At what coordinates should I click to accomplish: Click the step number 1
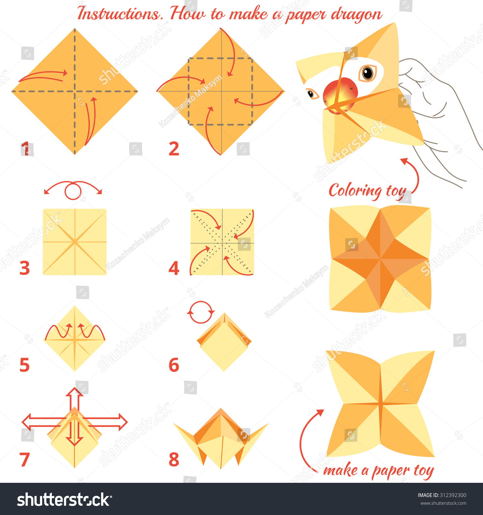point(25,149)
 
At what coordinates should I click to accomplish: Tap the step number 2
point(174,149)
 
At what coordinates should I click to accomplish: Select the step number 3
point(25,268)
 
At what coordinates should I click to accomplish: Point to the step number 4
point(174,268)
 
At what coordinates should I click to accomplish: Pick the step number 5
point(24,365)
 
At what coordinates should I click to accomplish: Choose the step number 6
point(174,365)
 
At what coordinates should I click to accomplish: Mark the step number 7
point(25,460)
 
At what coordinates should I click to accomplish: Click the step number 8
point(174,460)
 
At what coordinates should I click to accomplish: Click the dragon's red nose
point(340,94)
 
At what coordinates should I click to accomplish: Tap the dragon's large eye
point(367,73)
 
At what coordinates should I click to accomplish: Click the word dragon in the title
point(356,14)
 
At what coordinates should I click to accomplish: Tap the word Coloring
point(355,191)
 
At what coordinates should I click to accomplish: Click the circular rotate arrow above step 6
point(201,312)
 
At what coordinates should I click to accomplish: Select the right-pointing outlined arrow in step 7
point(105,422)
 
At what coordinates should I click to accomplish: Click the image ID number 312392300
point(453,495)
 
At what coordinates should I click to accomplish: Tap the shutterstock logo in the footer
point(64,500)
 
